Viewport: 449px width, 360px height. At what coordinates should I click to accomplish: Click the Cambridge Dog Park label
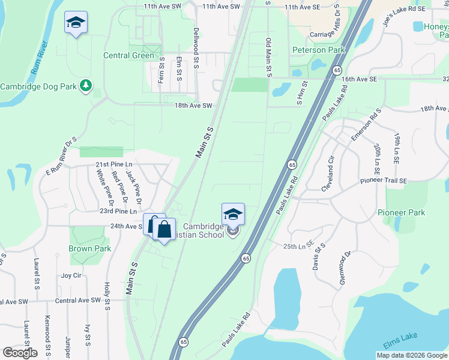tap(38, 86)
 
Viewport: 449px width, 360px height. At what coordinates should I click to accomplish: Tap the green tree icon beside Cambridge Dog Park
tap(86, 86)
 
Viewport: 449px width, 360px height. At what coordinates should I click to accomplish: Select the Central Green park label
tap(129, 56)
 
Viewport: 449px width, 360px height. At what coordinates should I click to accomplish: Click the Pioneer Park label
tap(401, 212)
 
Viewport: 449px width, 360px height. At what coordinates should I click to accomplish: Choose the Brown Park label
tap(89, 248)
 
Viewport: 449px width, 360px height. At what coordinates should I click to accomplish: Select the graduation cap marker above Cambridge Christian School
tap(233, 214)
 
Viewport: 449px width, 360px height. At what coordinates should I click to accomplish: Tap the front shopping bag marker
tap(163, 229)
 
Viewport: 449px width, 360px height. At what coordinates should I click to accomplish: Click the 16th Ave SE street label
tap(359, 79)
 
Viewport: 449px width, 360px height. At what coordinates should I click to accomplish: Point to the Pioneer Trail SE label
tap(384, 181)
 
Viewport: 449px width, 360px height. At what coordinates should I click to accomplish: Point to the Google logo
tap(19, 352)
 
